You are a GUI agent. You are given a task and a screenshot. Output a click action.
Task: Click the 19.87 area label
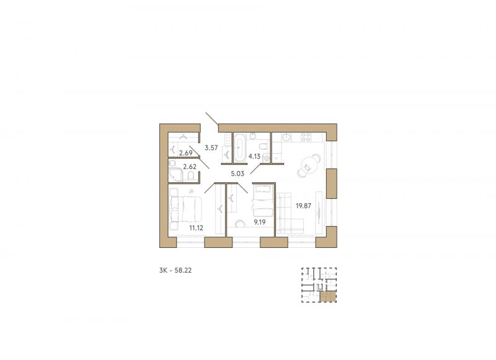[x=303, y=206]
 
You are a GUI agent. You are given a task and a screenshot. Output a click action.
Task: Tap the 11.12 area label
[x=196, y=227]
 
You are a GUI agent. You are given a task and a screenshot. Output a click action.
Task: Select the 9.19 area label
[x=259, y=222]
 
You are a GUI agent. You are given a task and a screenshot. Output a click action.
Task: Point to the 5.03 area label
[x=237, y=173]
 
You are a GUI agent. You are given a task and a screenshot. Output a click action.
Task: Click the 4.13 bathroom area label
[x=254, y=156]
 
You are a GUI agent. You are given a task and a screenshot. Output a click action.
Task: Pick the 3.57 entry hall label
[x=211, y=147]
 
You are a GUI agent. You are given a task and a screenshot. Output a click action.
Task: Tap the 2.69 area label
[x=185, y=154]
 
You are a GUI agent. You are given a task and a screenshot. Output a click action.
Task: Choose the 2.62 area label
[x=190, y=167]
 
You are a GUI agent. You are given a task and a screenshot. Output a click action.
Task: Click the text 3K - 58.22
[x=175, y=271]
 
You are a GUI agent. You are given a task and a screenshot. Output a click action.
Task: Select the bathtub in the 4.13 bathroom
[x=240, y=147]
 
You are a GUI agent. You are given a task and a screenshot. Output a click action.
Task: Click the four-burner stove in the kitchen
[x=306, y=137]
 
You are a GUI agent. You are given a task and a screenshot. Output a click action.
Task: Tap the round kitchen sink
[x=287, y=137]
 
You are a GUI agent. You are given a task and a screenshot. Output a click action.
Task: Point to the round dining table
[x=307, y=164]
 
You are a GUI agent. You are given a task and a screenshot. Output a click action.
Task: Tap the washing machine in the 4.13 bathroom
[x=267, y=159]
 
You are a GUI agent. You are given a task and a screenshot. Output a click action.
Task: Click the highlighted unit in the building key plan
[x=329, y=297]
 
